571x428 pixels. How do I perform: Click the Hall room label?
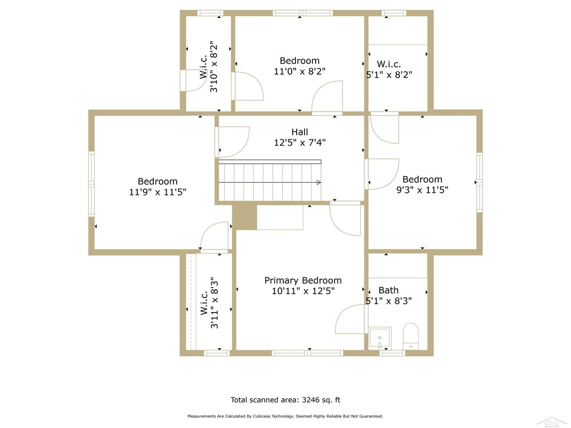pyautogui.click(x=299, y=132)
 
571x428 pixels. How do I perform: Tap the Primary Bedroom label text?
pyautogui.click(x=303, y=281)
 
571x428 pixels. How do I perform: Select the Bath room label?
pyautogui.click(x=389, y=290)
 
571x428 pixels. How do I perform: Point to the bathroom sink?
pyautogui.click(x=380, y=338)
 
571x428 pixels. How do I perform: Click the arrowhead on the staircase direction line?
pyautogui.click(x=318, y=182)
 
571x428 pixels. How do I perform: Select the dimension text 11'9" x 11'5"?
pyautogui.click(x=158, y=192)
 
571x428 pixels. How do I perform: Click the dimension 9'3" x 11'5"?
pyautogui.click(x=422, y=189)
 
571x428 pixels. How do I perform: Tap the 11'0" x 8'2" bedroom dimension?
pyautogui.click(x=299, y=71)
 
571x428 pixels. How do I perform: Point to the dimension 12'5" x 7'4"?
pyautogui.click(x=299, y=142)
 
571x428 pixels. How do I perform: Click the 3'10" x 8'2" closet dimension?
pyautogui.click(x=214, y=67)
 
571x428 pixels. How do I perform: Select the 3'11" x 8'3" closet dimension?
pyautogui.click(x=215, y=303)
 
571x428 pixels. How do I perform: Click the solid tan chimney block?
pyautogui.click(x=245, y=217)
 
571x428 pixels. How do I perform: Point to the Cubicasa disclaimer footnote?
pyautogui.click(x=285, y=416)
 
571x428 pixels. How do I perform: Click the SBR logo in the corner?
pyautogui.click(x=553, y=422)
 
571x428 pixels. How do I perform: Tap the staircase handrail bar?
pyautogui.click(x=270, y=162)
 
